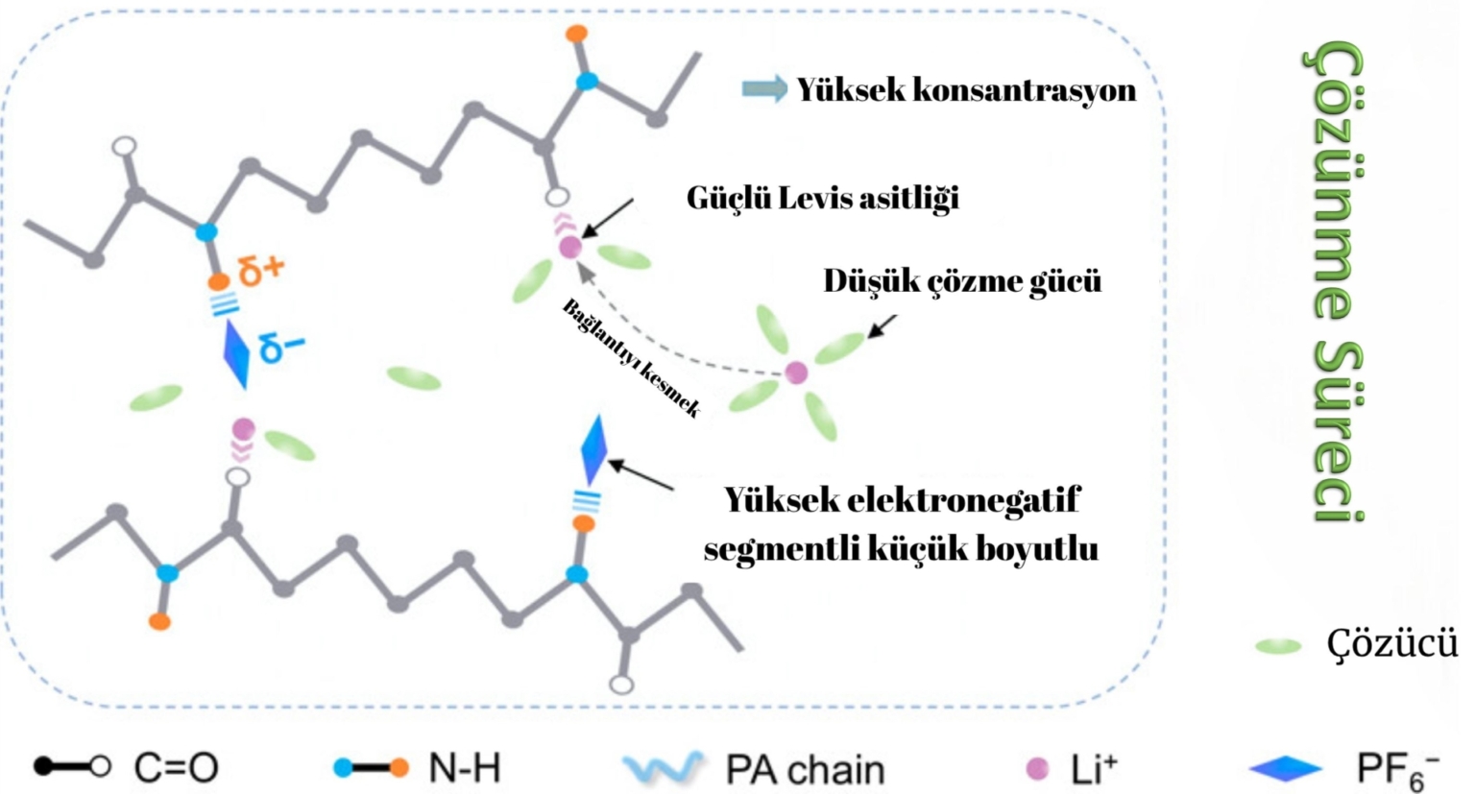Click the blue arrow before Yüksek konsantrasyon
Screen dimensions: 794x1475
(x=764, y=89)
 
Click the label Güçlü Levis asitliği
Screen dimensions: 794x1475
(x=822, y=198)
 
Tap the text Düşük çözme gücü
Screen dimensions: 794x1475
(x=962, y=280)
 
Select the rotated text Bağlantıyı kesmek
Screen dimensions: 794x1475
(x=630, y=358)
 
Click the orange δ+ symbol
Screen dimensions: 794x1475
(x=262, y=271)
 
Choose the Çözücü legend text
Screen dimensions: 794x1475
(x=1391, y=644)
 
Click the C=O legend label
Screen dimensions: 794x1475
(x=176, y=768)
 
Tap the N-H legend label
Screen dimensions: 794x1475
(x=464, y=768)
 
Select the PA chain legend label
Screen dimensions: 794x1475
(x=805, y=769)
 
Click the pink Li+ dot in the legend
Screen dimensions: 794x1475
(x=1037, y=768)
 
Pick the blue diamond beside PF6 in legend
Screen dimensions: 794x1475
(x=1286, y=768)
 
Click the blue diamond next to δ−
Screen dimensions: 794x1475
(x=236, y=353)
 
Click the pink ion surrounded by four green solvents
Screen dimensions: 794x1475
(x=796, y=373)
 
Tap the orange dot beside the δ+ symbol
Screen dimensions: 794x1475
(x=219, y=282)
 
